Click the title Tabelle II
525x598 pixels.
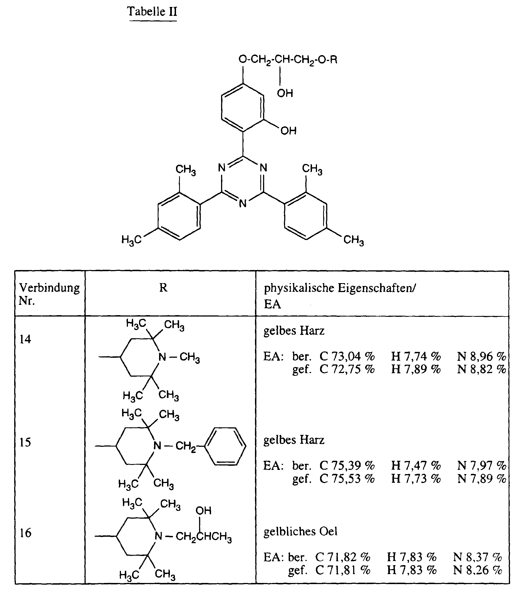click(152, 12)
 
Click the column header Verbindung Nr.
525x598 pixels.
click(49, 294)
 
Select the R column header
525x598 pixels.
click(163, 288)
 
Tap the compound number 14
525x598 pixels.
click(25, 339)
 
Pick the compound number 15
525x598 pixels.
click(25, 442)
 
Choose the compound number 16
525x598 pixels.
click(25, 533)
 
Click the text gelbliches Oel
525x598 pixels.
click(300, 531)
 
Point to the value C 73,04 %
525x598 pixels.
click(347, 357)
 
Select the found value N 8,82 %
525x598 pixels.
click(481, 369)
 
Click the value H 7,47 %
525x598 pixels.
click(416, 465)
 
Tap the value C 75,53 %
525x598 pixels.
click(347, 479)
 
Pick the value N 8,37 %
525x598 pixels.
click(477, 557)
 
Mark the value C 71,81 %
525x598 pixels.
click(343, 570)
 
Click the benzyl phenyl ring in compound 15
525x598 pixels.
click(225, 447)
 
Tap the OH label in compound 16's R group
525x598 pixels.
click(203, 511)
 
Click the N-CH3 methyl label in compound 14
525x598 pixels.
click(190, 357)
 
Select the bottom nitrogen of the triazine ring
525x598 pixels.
click(243, 204)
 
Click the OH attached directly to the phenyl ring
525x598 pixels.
click(288, 131)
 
